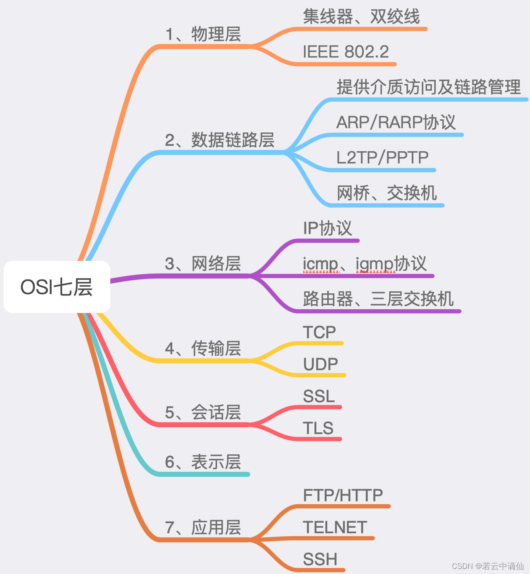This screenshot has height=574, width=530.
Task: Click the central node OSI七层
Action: click(x=57, y=287)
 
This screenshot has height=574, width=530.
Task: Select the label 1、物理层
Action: click(x=203, y=34)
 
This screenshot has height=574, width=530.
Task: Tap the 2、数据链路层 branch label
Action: click(x=220, y=140)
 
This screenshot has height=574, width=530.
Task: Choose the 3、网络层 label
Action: click(x=203, y=264)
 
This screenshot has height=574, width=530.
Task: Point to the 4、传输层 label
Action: click(x=203, y=349)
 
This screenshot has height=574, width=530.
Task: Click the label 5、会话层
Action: click(x=203, y=413)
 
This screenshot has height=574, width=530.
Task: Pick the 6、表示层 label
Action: click(x=203, y=462)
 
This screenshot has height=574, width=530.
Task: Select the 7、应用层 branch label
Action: click(x=203, y=527)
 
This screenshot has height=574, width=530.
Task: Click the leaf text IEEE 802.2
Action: click(x=346, y=52)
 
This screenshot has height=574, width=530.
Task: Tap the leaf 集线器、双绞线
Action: click(x=361, y=17)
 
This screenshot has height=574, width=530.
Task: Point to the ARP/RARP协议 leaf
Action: click(x=396, y=122)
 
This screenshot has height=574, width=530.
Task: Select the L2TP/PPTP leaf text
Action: click(x=382, y=158)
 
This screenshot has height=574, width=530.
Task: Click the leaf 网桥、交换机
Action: click(x=387, y=193)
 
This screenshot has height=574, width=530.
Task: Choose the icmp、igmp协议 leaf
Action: click(x=365, y=264)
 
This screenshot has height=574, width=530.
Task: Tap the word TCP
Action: click(x=319, y=332)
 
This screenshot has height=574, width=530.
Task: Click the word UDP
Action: click(x=320, y=364)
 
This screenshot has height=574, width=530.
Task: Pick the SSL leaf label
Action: click(x=319, y=396)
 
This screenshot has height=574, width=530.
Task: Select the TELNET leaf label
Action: click(x=335, y=527)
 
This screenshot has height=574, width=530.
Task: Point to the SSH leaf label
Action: click(x=320, y=559)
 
